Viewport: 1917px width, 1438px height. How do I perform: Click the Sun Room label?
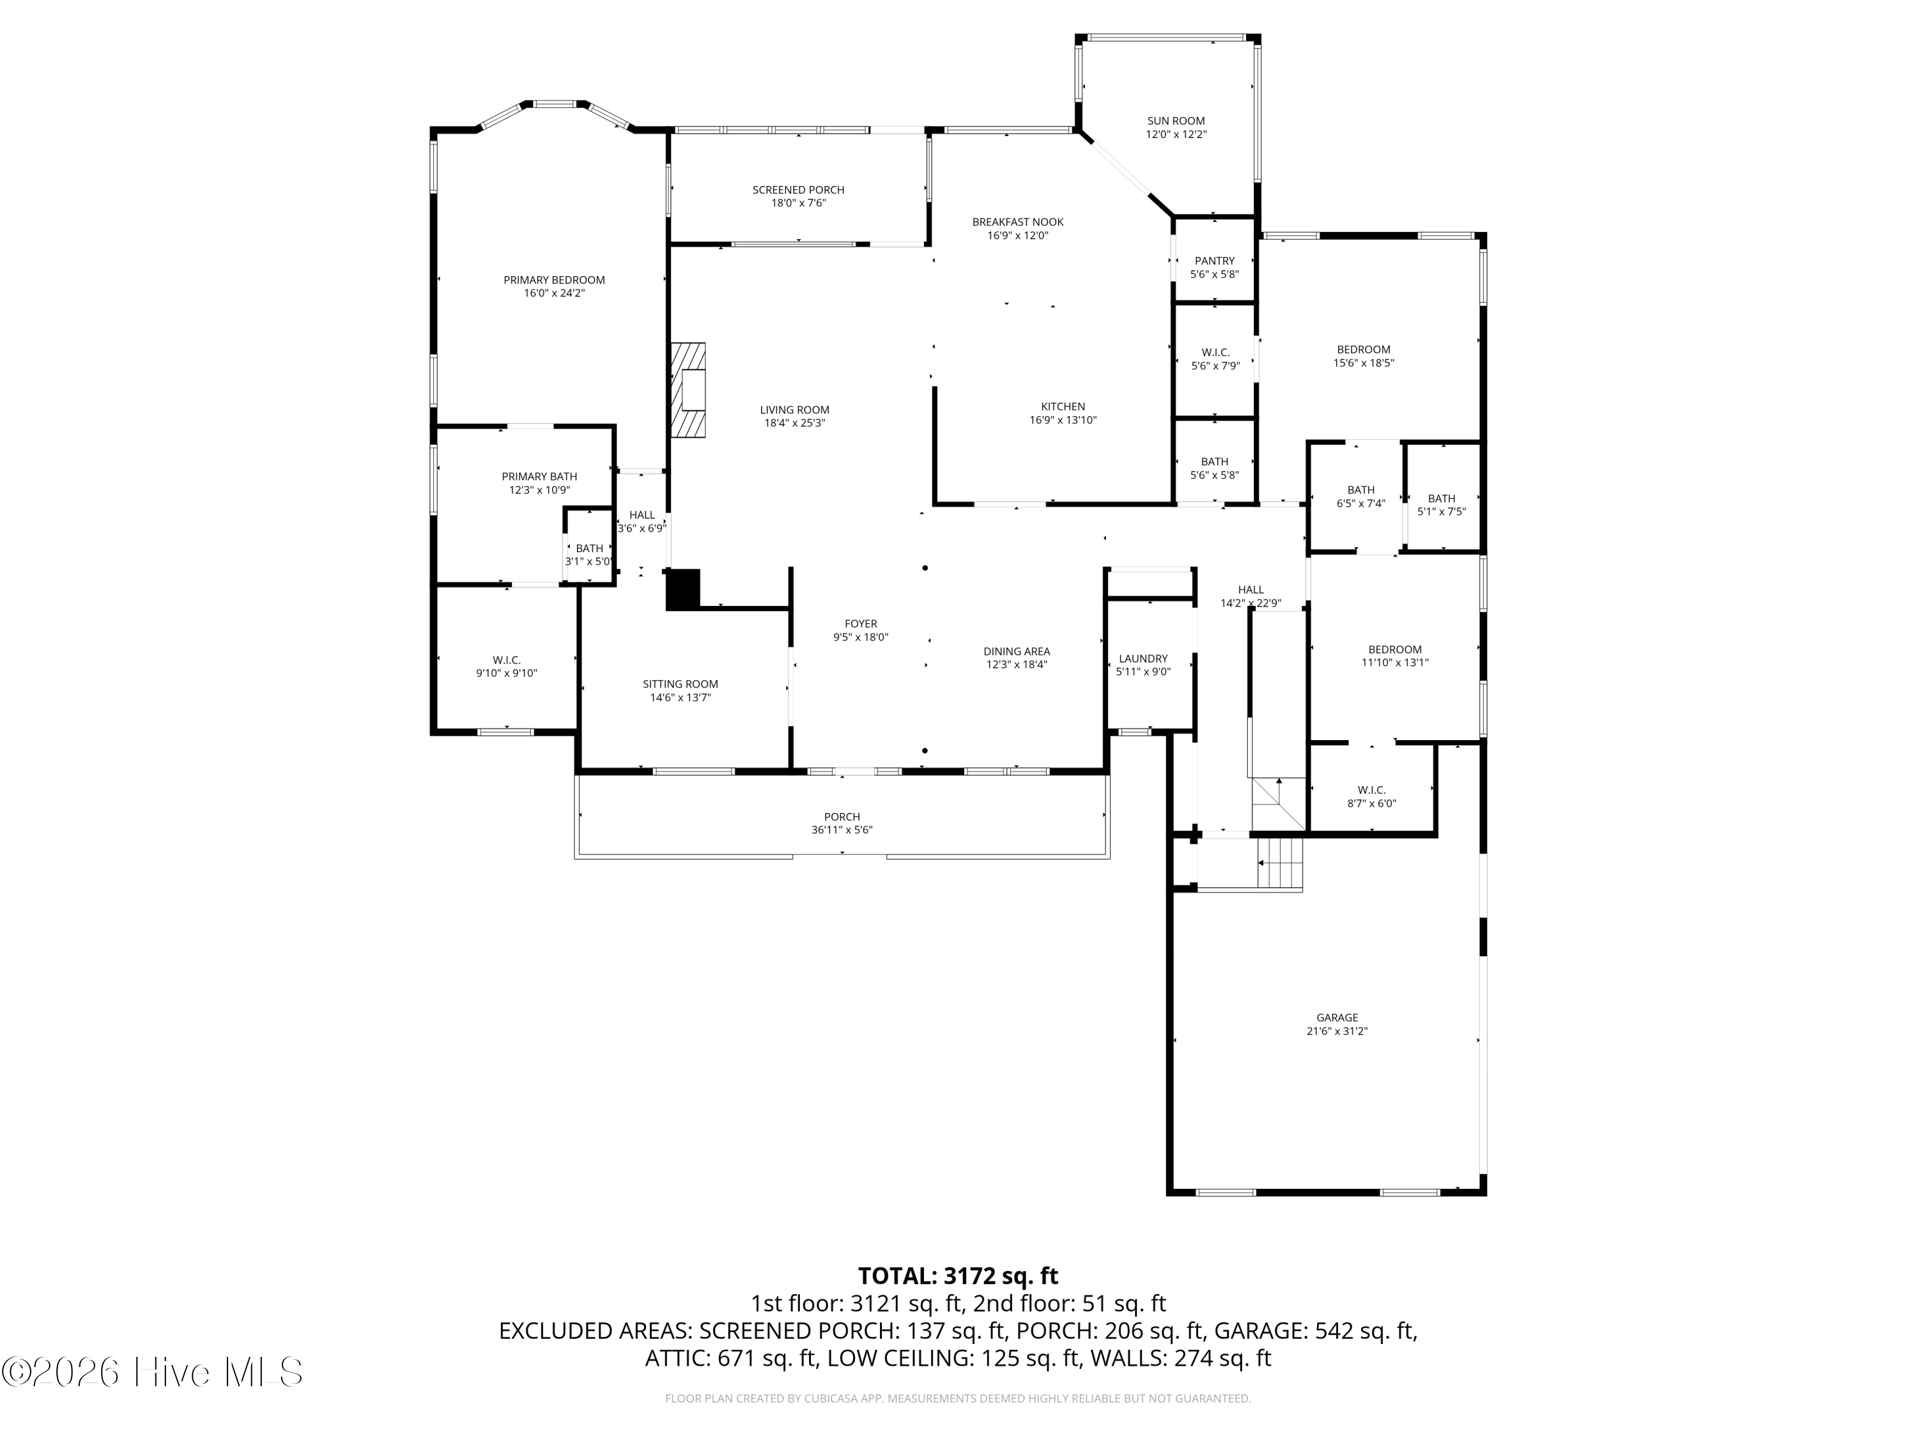tap(1176, 121)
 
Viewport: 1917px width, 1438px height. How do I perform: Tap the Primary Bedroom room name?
tap(555, 280)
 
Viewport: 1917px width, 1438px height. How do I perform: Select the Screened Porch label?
tap(798, 190)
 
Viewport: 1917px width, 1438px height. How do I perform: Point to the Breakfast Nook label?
tap(1017, 222)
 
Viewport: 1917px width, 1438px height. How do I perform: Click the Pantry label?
tap(1215, 261)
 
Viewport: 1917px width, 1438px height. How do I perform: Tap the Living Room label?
tap(795, 410)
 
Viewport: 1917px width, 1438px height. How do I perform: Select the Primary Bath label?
tap(539, 477)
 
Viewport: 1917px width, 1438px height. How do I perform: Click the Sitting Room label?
tap(681, 684)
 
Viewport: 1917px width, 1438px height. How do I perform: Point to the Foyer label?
tap(861, 624)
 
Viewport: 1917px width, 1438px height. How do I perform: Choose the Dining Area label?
tap(1017, 652)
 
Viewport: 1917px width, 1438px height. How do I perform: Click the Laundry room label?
tap(1143, 659)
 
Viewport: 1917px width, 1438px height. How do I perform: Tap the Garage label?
tap(1337, 1017)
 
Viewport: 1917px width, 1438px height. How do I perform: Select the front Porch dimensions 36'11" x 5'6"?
tap(842, 830)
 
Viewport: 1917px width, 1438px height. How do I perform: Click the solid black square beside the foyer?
tap(683, 589)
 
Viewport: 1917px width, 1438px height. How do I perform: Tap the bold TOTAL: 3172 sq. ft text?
tap(958, 1276)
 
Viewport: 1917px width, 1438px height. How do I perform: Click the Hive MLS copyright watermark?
tap(153, 1372)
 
